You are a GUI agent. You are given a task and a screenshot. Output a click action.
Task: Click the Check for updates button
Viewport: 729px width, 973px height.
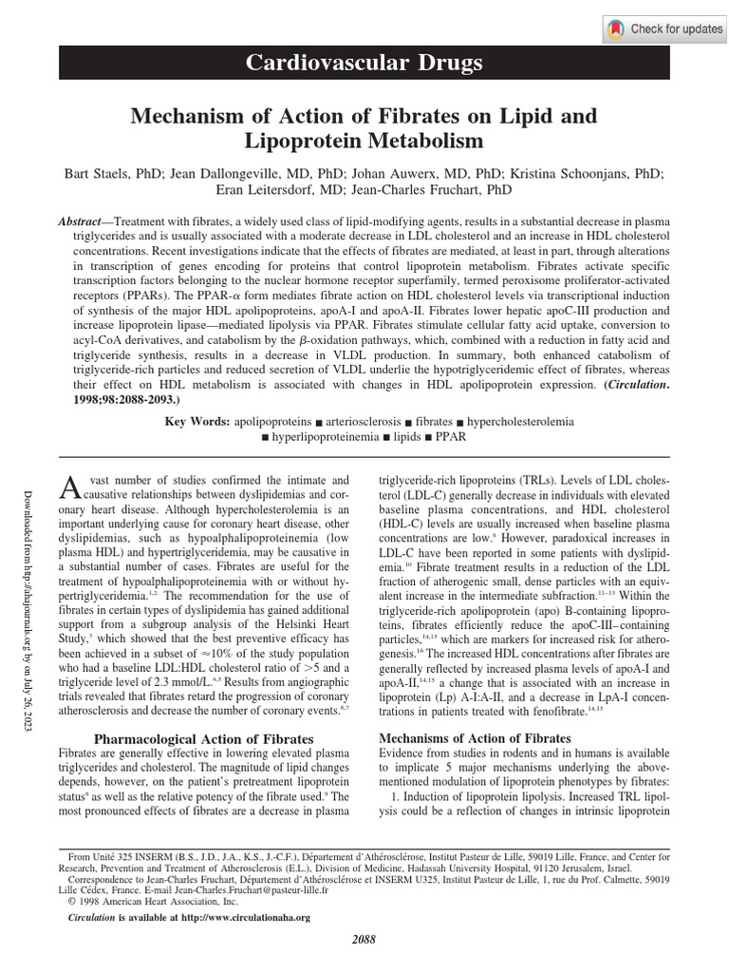[664, 29]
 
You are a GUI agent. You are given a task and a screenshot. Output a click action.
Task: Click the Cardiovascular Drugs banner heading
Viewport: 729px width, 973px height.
[364, 64]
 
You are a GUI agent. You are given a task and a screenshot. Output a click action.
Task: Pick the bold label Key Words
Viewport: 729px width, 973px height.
[197, 420]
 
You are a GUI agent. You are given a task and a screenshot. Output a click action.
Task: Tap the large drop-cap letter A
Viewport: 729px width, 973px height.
[69, 487]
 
